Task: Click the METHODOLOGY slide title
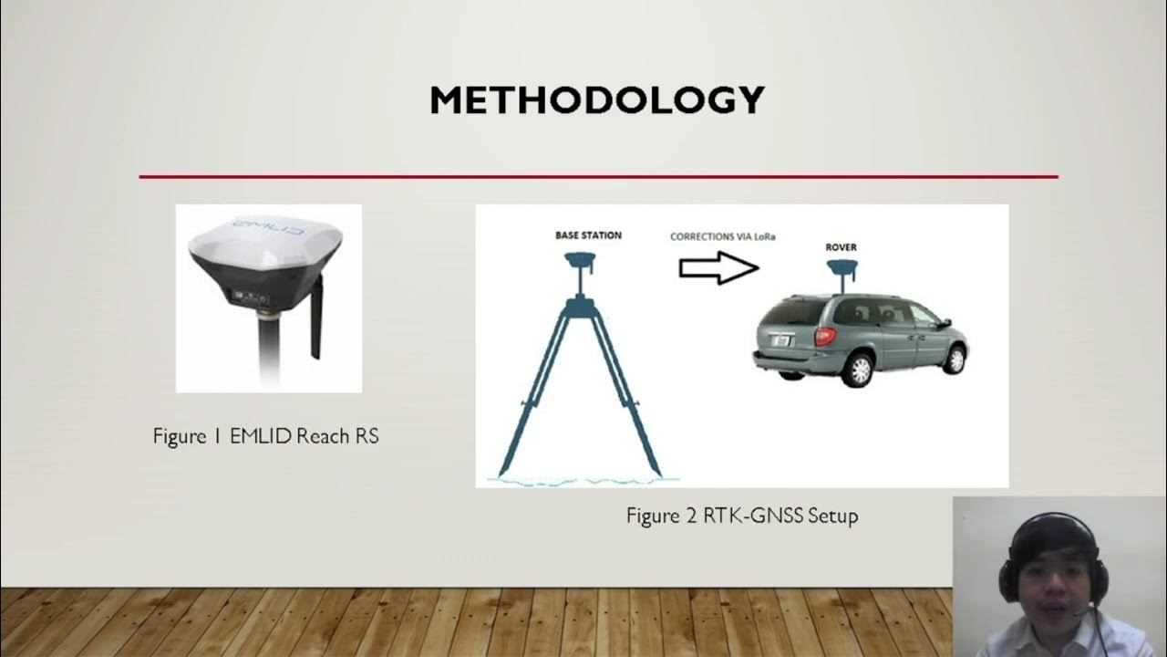point(597,100)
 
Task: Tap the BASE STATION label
point(588,235)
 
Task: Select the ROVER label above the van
point(841,247)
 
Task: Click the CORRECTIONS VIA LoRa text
point(722,236)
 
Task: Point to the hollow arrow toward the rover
point(718,267)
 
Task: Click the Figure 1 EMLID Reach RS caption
point(265,437)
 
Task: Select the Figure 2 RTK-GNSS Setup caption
point(741,516)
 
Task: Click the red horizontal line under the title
point(598,176)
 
